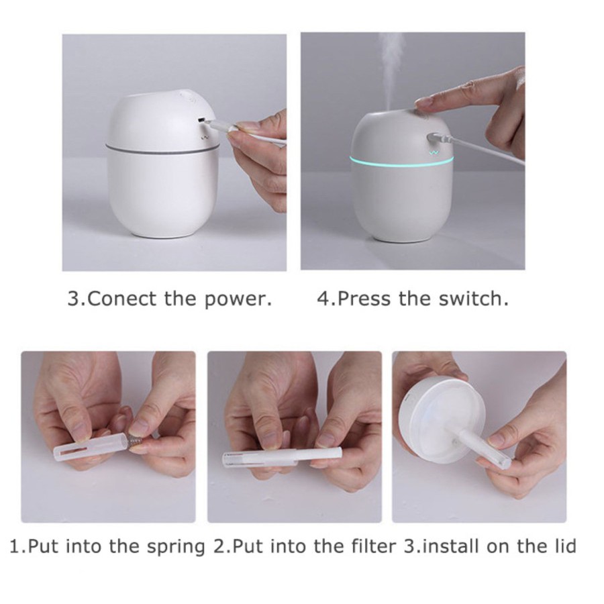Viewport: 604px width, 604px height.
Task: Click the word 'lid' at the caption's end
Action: pos(562,546)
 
